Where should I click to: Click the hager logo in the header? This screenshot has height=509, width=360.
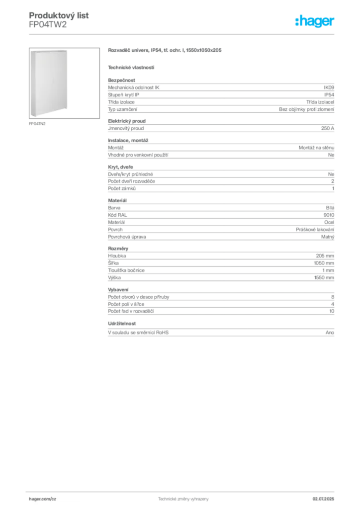[315, 21]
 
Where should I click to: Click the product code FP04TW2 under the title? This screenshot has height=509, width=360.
[48, 25]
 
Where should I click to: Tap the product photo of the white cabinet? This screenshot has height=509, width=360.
[64, 83]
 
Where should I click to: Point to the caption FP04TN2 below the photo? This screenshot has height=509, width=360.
[37, 124]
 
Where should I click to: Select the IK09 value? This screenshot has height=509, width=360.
[329, 87]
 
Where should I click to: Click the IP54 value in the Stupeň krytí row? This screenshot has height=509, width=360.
[329, 95]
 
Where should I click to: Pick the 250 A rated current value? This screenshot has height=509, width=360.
[328, 128]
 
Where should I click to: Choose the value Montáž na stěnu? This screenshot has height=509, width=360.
[316, 148]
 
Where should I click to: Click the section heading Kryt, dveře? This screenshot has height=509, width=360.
[120, 167]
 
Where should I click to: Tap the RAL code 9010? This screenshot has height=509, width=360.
[329, 215]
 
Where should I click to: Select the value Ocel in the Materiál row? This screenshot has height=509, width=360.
[329, 222]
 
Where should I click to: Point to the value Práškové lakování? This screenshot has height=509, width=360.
[315, 230]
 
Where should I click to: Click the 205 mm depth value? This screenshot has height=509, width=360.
[325, 256]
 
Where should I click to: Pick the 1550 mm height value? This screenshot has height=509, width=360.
[324, 277]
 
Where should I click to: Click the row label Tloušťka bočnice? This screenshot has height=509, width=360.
[126, 270]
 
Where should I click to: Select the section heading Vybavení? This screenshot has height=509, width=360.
[118, 290]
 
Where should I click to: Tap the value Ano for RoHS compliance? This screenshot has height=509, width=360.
[330, 333]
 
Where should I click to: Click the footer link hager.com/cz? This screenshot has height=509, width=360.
[43, 499]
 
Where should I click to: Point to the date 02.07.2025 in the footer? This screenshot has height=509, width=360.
[323, 499]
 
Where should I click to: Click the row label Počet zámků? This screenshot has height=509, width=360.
[122, 188]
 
